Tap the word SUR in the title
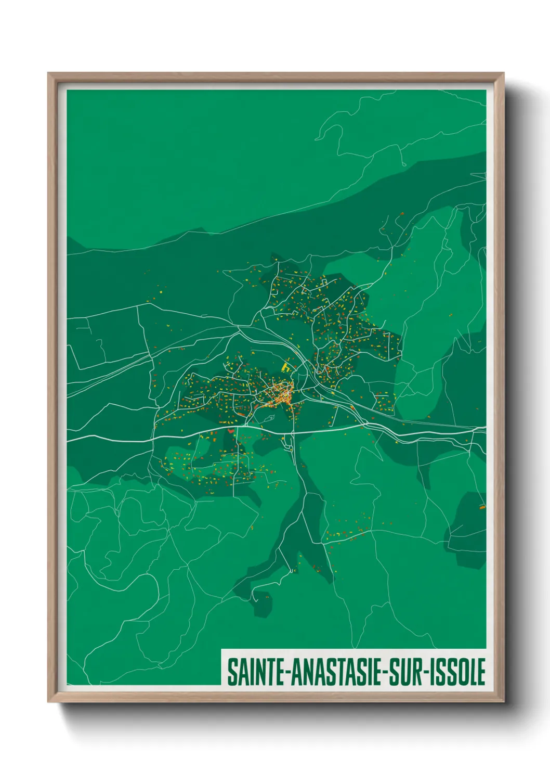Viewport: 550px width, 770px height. coord(404,672)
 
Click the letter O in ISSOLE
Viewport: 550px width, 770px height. coord(462,672)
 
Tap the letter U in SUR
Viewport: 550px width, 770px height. coord(404,672)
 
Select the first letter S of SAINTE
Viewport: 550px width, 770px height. coord(232,672)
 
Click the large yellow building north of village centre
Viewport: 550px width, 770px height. coord(285,367)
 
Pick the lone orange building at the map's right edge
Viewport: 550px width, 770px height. coord(481,506)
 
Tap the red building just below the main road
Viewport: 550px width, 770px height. coord(230,431)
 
